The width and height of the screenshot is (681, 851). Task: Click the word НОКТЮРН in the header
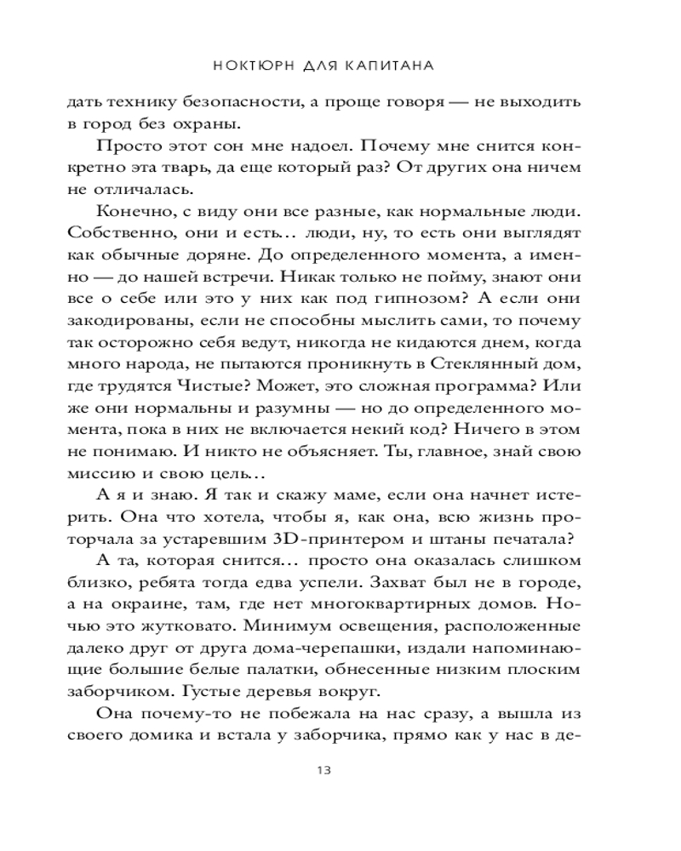pyautogui.click(x=253, y=65)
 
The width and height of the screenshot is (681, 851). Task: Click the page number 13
pyautogui.click(x=323, y=771)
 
